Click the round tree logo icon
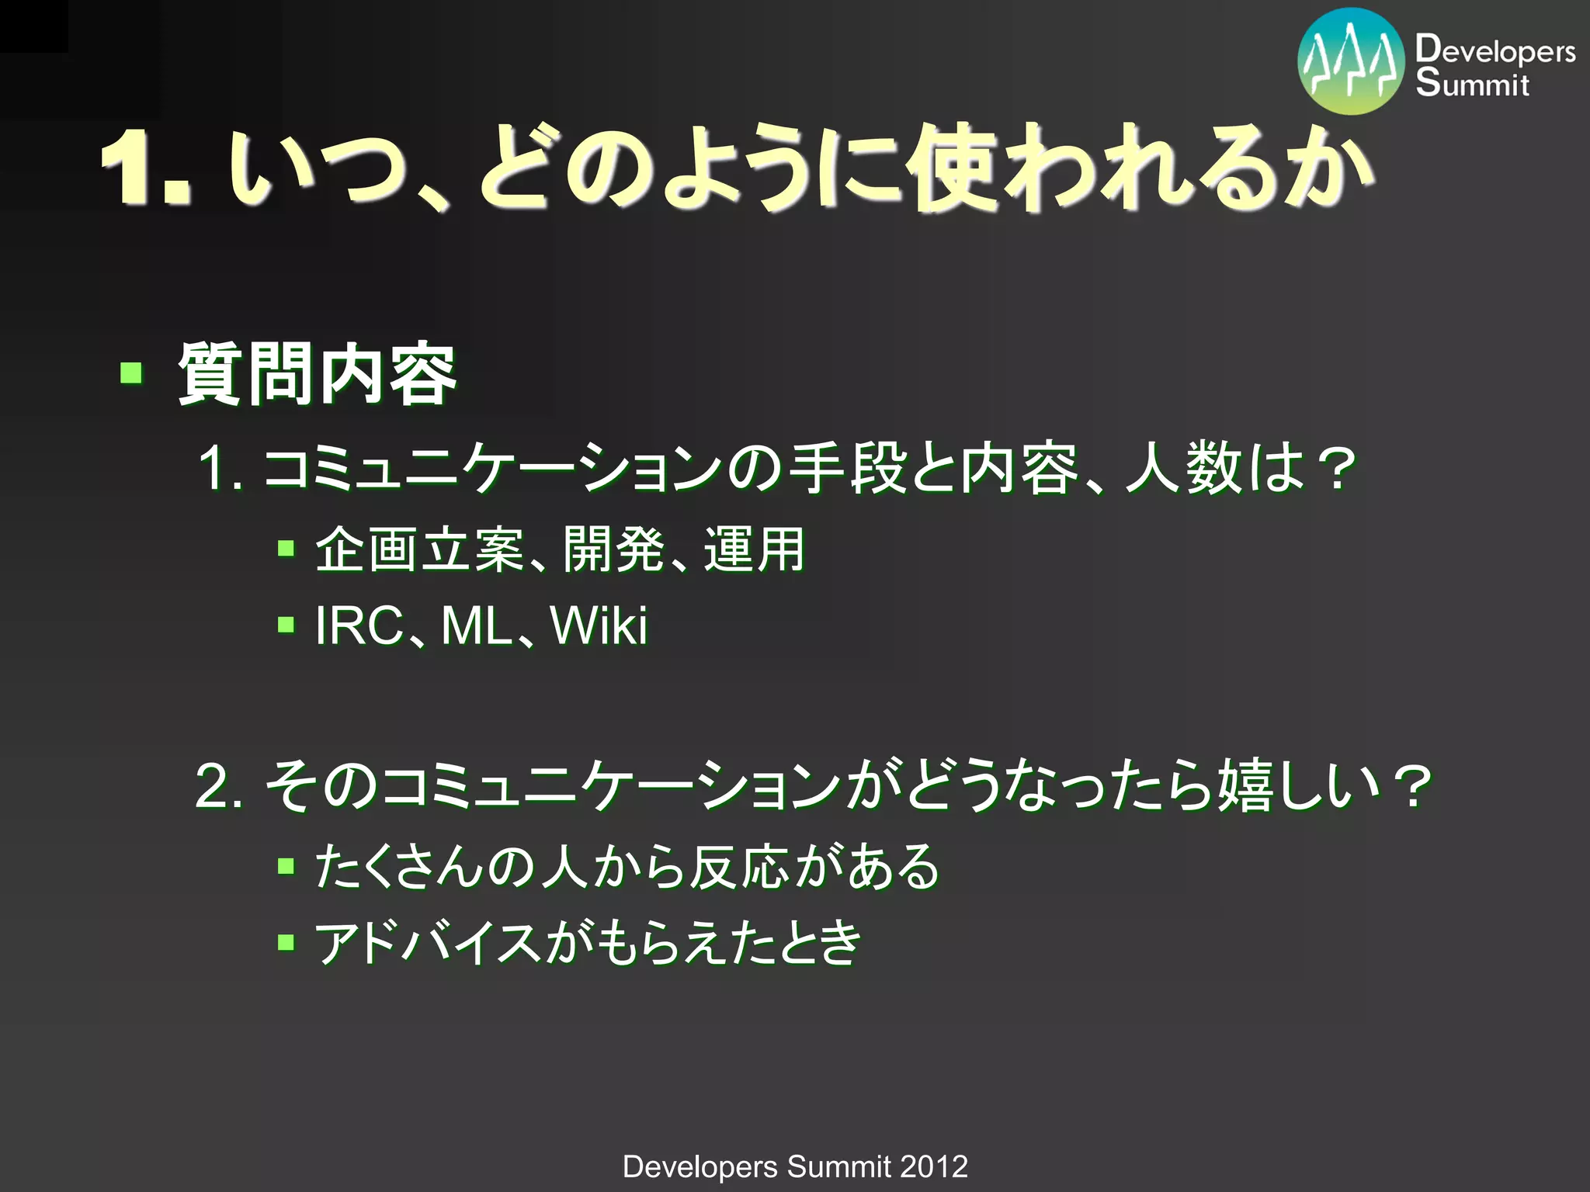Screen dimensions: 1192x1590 (1351, 62)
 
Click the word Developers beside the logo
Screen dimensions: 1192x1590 (1495, 50)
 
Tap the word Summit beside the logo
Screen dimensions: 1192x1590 (1472, 83)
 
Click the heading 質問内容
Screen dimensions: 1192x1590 (317, 375)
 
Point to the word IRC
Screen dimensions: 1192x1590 (359, 625)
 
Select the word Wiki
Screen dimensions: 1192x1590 (598, 625)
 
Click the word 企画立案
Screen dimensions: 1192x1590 (419, 549)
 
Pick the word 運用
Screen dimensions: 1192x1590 (754, 549)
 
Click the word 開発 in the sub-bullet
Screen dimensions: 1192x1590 (613, 549)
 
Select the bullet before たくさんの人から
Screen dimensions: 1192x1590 (286, 866)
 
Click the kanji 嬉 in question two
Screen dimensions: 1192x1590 (1245, 785)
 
